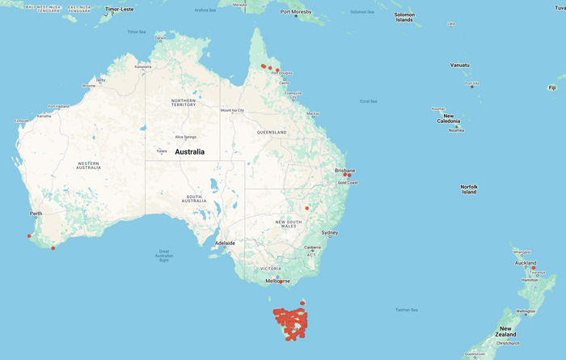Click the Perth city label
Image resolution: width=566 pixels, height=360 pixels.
36,214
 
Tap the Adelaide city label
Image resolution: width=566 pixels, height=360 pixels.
225,243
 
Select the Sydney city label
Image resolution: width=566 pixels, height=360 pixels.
330,233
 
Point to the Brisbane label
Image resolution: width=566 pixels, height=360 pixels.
344,171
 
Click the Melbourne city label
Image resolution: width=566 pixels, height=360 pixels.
278,281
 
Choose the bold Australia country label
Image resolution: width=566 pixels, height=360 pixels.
189,151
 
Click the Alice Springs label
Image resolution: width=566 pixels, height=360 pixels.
184,137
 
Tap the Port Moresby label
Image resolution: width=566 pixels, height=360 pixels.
297,12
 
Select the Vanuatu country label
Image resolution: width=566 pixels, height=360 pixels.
460,65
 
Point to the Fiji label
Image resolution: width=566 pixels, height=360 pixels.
552,87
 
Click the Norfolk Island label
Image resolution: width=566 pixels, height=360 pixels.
469,189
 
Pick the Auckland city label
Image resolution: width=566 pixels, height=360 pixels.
526,263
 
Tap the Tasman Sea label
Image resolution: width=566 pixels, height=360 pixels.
407,310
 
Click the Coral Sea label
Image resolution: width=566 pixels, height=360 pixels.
368,101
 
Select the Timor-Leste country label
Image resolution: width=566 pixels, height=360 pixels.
119,9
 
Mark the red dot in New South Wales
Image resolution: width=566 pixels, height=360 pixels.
307,208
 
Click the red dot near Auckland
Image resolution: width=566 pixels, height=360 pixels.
534,268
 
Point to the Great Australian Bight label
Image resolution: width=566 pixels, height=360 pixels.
164,256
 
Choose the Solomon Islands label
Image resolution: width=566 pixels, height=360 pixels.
404,17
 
